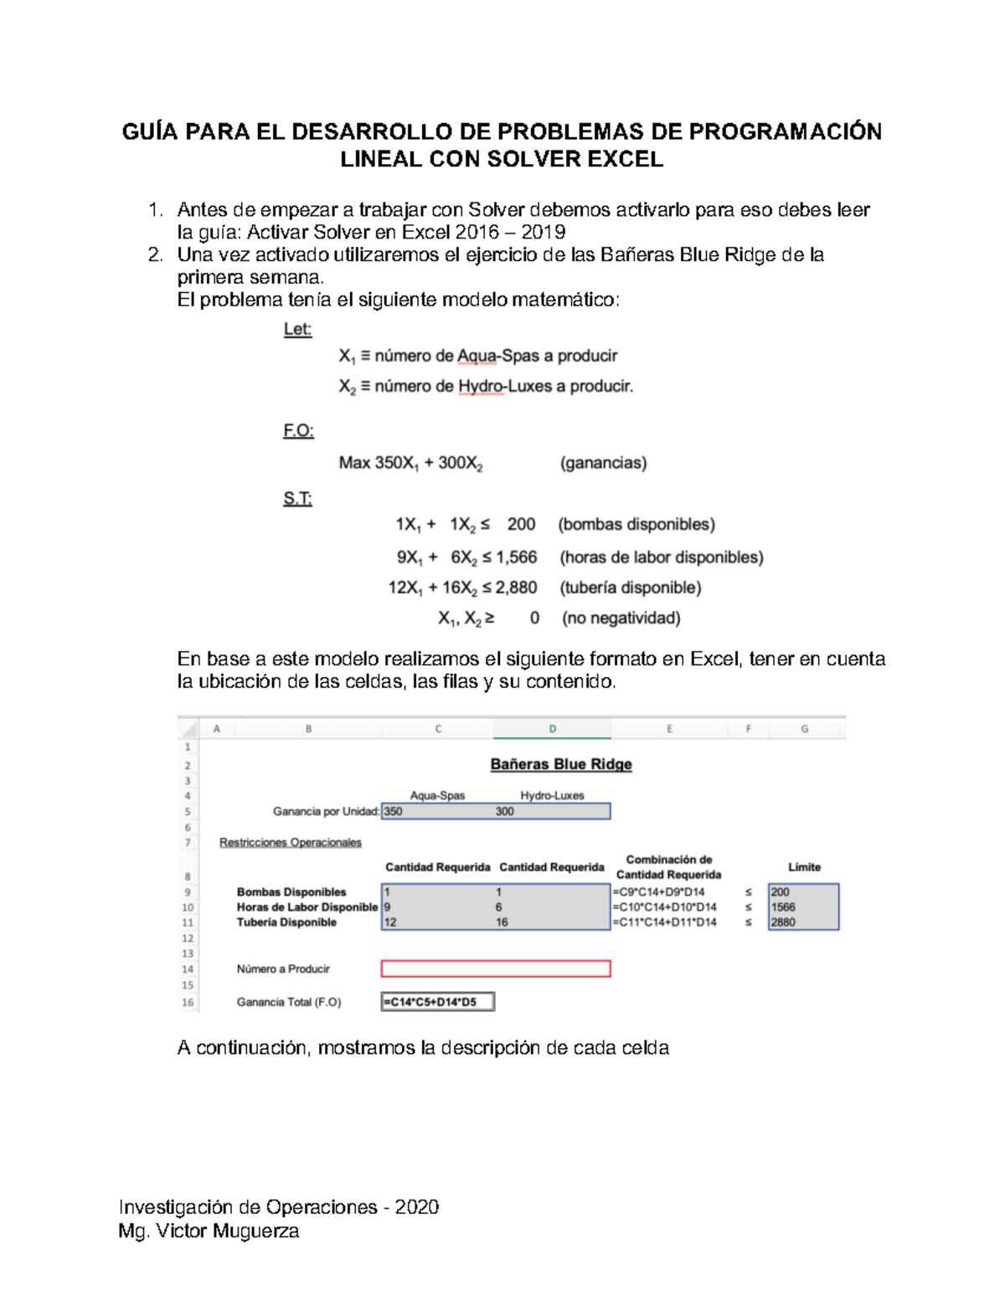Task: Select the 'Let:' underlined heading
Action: coord(297,330)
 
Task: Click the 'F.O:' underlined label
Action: coord(298,431)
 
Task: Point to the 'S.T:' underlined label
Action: coord(297,499)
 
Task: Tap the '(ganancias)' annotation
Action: coord(603,463)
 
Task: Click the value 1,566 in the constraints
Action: coord(516,558)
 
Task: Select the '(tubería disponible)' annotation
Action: coord(630,588)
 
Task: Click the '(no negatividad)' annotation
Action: coord(621,619)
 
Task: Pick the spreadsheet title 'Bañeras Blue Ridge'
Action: coord(560,764)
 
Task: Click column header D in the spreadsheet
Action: coord(552,729)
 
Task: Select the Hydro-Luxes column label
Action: coord(552,795)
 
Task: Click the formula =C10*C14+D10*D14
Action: coord(664,907)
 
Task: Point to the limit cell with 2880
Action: coord(802,922)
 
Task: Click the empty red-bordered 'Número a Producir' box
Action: coord(496,969)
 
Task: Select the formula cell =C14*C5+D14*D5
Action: coord(437,1002)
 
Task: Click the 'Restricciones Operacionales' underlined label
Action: coord(291,842)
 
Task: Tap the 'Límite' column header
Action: coord(804,867)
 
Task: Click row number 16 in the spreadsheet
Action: coord(188,1002)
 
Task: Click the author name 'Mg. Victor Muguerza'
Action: coord(209,1231)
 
